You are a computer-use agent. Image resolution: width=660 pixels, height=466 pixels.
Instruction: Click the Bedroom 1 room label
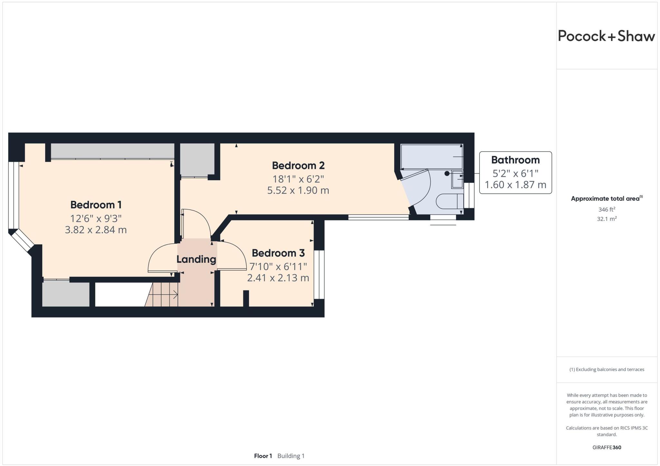tap(96, 205)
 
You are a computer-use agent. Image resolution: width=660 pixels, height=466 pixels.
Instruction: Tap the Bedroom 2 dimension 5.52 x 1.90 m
tap(298, 190)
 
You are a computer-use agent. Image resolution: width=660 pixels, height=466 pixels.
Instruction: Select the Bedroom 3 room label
tap(278, 253)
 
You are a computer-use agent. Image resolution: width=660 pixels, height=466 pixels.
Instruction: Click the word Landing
tap(196, 259)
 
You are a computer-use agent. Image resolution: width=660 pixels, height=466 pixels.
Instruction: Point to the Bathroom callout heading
tap(515, 160)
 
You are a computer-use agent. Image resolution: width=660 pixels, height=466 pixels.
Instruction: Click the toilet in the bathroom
tap(448, 201)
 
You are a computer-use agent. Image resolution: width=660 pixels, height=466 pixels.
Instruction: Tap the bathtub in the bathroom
tap(431, 156)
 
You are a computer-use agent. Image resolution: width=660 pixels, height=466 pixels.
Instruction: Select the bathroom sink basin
tap(457, 179)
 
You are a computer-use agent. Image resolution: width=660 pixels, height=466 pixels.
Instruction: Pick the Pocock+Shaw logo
tap(606, 36)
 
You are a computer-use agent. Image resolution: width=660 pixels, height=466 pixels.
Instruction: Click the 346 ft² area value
tap(607, 209)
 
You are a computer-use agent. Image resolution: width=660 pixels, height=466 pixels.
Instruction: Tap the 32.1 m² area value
tap(607, 219)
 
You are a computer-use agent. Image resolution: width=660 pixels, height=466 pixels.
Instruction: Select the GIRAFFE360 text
tap(607, 447)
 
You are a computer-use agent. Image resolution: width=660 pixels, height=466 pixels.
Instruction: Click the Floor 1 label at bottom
tap(263, 456)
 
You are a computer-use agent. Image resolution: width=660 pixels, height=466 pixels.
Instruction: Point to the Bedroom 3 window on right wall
tap(319, 275)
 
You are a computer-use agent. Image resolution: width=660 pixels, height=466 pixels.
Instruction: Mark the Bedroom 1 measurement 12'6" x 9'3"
tap(96, 218)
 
